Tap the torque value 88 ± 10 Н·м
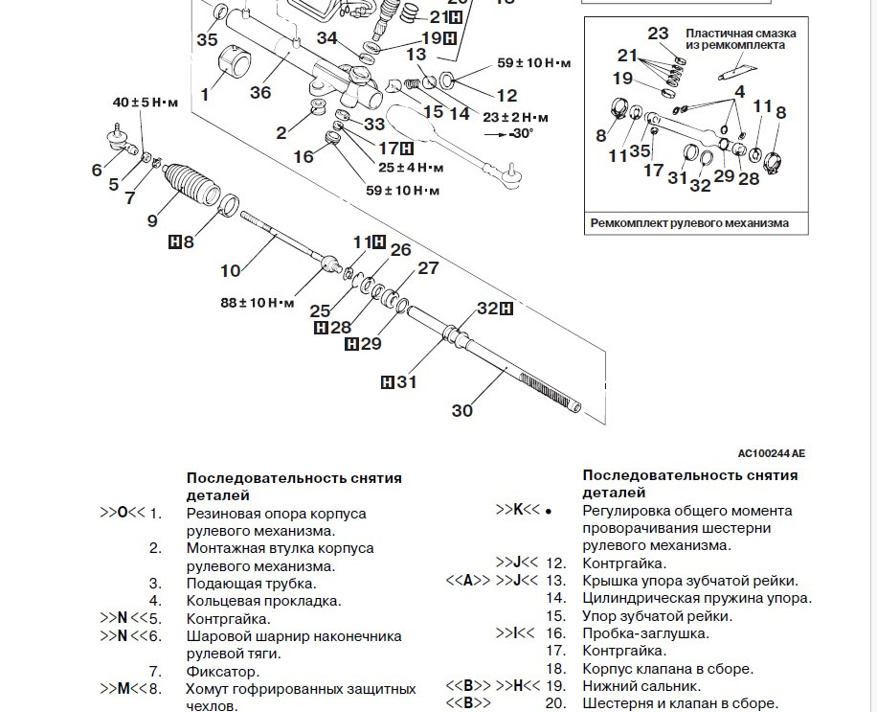click(258, 303)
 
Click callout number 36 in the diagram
click(260, 92)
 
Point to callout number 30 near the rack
click(462, 411)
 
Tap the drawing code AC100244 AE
click(771, 452)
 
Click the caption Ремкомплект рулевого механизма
click(689, 223)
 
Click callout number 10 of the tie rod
click(231, 271)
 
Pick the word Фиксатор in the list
click(223, 671)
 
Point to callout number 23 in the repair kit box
click(658, 34)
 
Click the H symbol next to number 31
click(388, 382)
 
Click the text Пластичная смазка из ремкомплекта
click(740, 38)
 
